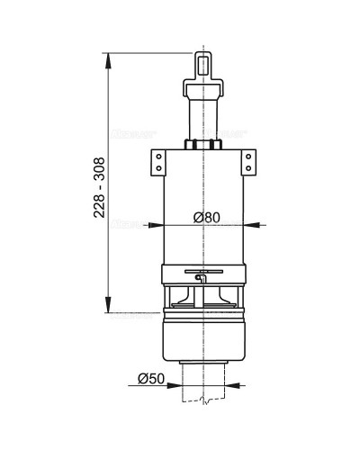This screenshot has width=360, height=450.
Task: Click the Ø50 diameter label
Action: pyautogui.click(x=151, y=379)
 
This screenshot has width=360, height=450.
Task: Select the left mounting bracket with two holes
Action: pyautogui.click(x=155, y=162)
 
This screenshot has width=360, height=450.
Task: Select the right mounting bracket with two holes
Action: pyautogui.click(x=246, y=162)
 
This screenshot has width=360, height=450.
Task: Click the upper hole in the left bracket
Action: pyautogui.click(x=155, y=157)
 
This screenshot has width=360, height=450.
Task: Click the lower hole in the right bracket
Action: pyautogui.click(x=246, y=168)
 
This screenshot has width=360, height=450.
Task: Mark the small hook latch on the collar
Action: pyautogui.click(x=200, y=280)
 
